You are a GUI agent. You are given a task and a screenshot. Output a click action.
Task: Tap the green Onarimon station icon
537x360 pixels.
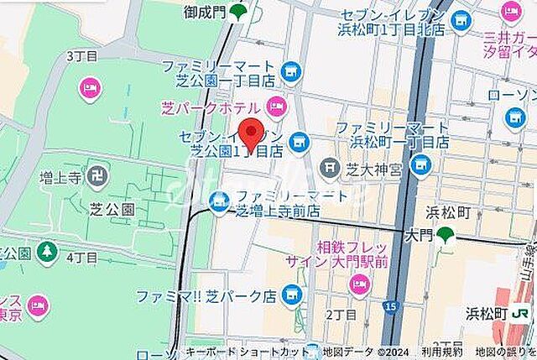pyautogui.click(x=240, y=12)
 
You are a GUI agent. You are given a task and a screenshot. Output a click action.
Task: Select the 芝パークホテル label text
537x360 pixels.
pyautogui.click(x=211, y=107)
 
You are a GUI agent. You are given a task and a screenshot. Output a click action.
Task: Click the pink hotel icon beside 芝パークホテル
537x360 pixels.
pyautogui.click(x=276, y=106)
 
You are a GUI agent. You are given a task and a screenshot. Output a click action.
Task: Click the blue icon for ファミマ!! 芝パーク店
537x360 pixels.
pyautogui.click(x=291, y=295)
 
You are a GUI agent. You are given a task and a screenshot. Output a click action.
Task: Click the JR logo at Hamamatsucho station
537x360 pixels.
pyautogui.click(x=520, y=313)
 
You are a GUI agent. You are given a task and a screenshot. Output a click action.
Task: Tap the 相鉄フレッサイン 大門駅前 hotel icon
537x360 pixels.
pyautogui.click(x=358, y=285)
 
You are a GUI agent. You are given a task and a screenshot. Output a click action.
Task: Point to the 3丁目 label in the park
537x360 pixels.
pyautogui.click(x=81, y=56)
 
